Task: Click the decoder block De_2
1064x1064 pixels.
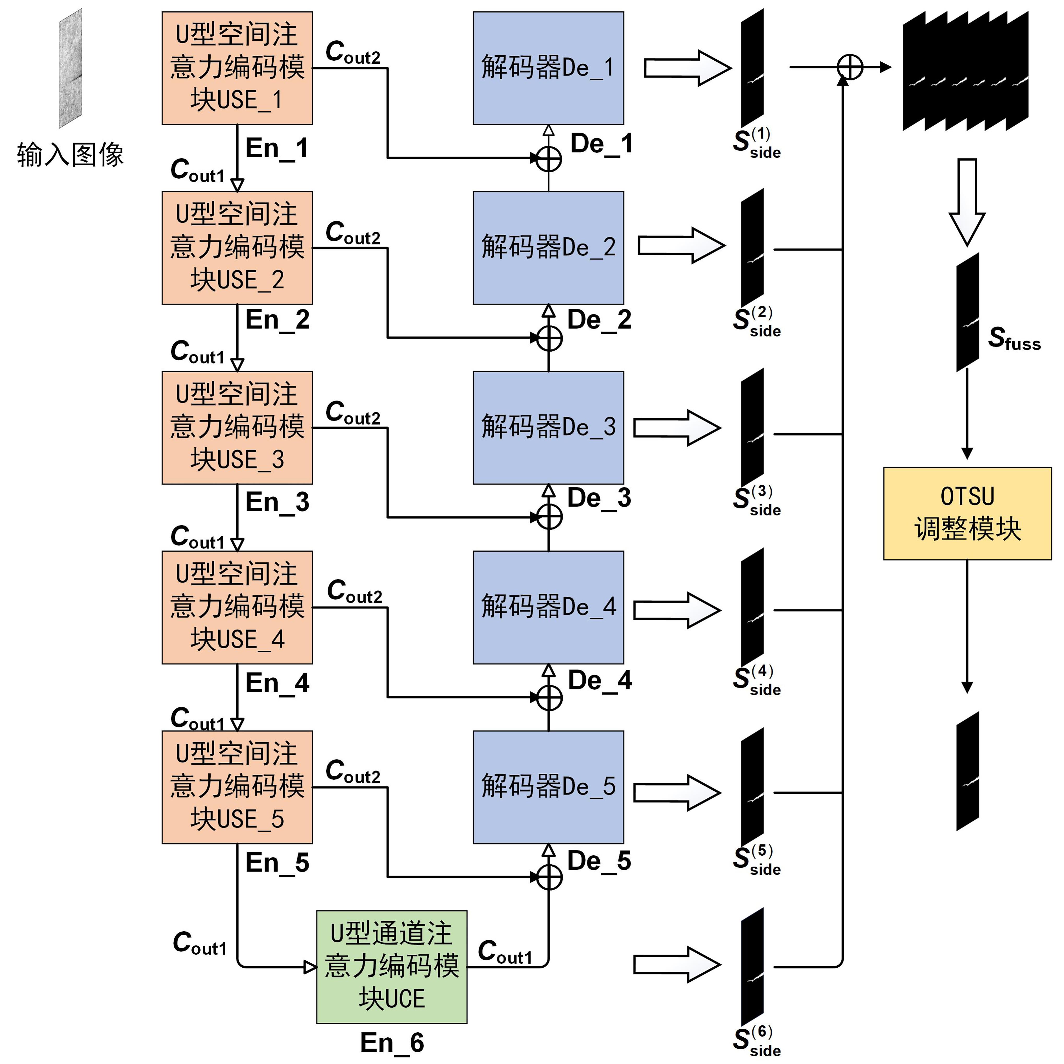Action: tap(549, 248)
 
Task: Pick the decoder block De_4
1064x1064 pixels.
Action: tap(549, 607)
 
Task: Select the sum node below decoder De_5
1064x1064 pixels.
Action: tap(549, 877)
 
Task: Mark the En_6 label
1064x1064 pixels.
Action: tap(392, 1043)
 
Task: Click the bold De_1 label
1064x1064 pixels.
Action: tap(601, 144)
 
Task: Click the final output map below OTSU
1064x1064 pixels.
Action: tap(968, 771)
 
